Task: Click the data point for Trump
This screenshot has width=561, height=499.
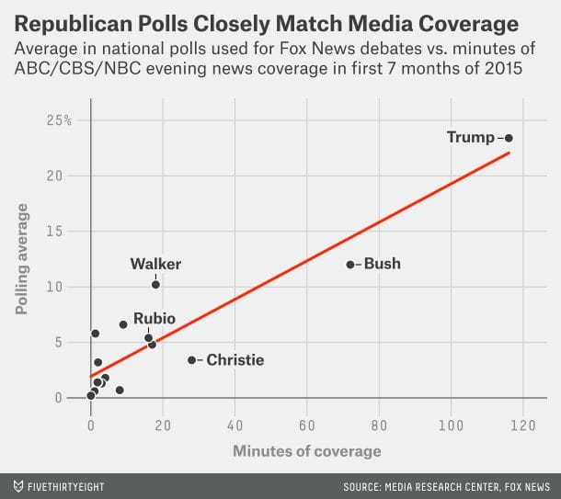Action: coord(509,138)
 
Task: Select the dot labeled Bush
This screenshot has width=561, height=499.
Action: coord(349,265)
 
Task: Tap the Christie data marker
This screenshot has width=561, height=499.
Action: coord(191,360)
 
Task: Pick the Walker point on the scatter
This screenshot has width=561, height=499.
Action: coord(155,285)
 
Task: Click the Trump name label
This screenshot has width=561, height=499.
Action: coord(471,138)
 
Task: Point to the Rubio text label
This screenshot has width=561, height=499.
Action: coord(155,319)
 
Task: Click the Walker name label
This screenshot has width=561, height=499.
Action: coord(155,265)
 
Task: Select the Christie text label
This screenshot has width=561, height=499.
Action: coord(235,360)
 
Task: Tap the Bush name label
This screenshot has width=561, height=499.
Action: coord(383,265)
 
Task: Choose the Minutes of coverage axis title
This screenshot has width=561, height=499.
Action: coord(306,451)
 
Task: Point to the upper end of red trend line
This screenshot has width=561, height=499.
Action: coord(509,153)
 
